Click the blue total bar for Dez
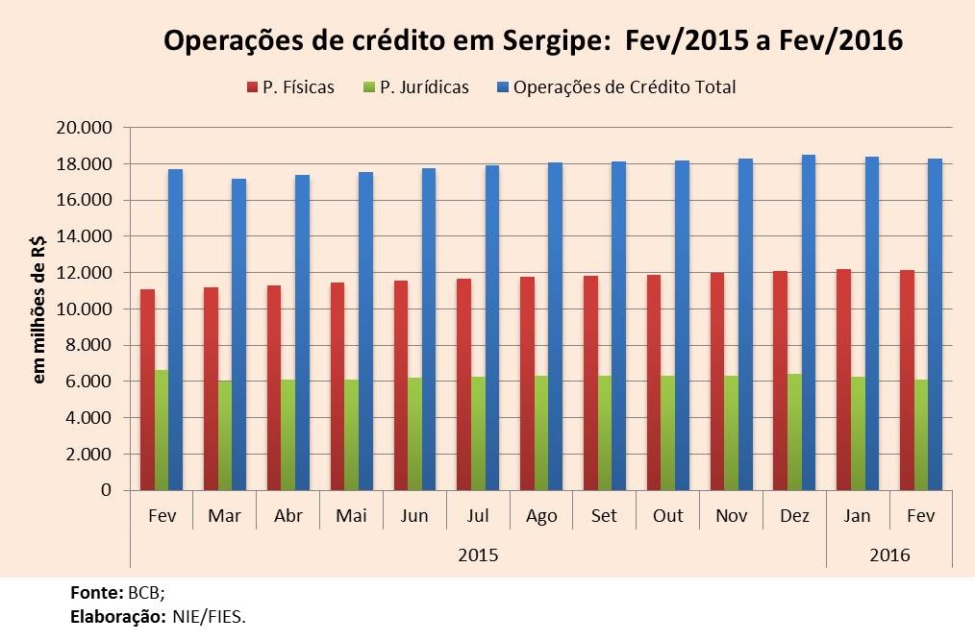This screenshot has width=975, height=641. click(x=810, y=322)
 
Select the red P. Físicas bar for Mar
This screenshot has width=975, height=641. click(x=211, y=388)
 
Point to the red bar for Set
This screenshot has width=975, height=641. click(x=590, y=383)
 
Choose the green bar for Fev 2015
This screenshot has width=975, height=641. click(x=162, y=430)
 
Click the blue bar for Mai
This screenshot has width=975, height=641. click(x=366, y=332)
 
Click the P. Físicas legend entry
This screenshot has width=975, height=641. click(x=291, y=87)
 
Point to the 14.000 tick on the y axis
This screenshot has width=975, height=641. click(x=85, y=236)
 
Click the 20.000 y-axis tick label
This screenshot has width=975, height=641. click(x=85, y=128)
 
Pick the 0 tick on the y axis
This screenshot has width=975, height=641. click(x=106, y=491)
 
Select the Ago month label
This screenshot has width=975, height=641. click(x=541, y=516)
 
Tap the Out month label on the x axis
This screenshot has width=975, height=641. click(x=668, y=516)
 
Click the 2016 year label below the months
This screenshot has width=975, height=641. click(x=889, y=555)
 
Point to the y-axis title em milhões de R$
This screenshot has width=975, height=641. click(x=40, y=308)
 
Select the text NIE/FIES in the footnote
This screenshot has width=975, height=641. click(x=209, y=616)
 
